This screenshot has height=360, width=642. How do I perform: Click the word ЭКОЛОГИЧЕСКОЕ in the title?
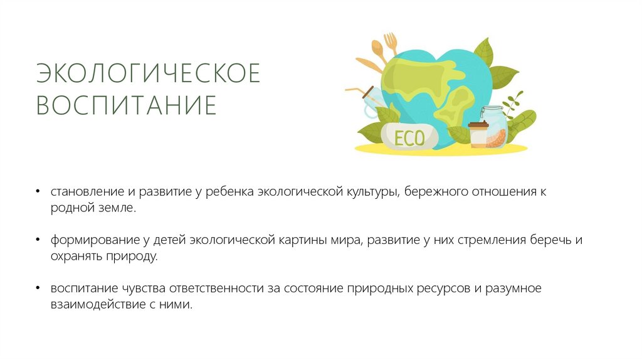pos(148,73)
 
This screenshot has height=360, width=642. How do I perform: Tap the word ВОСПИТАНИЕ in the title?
pos(126,105)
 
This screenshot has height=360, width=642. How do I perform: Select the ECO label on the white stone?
pos(409,136)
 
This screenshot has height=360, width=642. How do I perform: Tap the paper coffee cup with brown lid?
pos(478,134)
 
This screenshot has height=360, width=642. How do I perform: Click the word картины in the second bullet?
pos(304,240)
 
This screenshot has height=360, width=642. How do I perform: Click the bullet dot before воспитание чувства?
pos(38,289)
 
